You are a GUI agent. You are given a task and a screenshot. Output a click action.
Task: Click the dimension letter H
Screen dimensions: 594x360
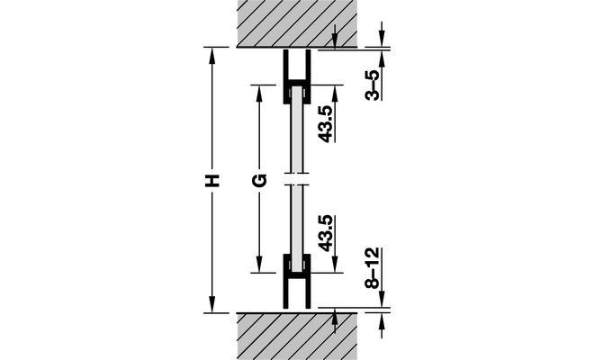212,181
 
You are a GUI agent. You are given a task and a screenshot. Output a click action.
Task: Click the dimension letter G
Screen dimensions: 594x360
259,180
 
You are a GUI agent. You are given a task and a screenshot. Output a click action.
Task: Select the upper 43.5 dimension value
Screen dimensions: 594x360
326,124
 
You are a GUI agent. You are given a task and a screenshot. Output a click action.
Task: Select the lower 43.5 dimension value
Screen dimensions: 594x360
326,233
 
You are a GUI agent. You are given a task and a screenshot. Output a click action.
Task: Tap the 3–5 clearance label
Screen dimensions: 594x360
373,85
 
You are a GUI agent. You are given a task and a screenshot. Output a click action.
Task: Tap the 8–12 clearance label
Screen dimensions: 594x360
373,268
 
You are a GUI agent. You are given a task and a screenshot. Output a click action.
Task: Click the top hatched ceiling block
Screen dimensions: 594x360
297,22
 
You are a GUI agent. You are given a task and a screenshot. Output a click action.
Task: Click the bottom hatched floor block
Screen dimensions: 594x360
297,337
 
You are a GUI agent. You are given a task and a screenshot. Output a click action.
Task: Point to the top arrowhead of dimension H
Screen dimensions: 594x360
212,55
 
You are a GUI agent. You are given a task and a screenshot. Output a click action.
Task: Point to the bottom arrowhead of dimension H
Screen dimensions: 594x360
212,305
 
